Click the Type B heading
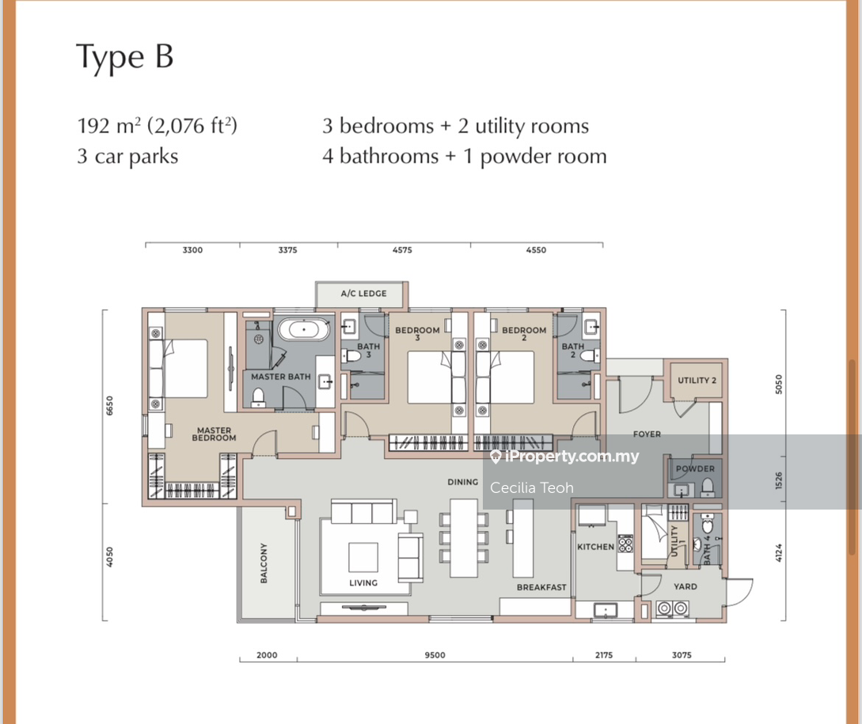(125, 57)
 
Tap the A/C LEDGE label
(363, 294)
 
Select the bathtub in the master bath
(303, 329)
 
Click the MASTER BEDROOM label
(214, 434)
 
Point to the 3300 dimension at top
(192, 250)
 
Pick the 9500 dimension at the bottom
(435, 654)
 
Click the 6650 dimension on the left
(109, 406)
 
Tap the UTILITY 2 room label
(697, 381)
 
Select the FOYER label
(647, 434)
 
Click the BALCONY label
(264, 563)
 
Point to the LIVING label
(363, 582)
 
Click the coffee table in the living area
(363, 557)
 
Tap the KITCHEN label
(595, 547)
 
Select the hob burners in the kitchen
(625, 543)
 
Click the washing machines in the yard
(672, 608)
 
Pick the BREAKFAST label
(541, 587)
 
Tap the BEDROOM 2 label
(524, 333)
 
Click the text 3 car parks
(127, 157)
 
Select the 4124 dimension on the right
(778, 552)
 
